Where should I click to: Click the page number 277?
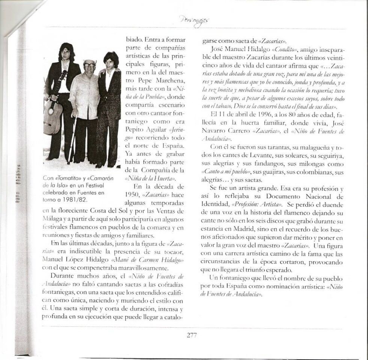tap(192, 335)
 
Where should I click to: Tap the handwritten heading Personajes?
tap(194, 20)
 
